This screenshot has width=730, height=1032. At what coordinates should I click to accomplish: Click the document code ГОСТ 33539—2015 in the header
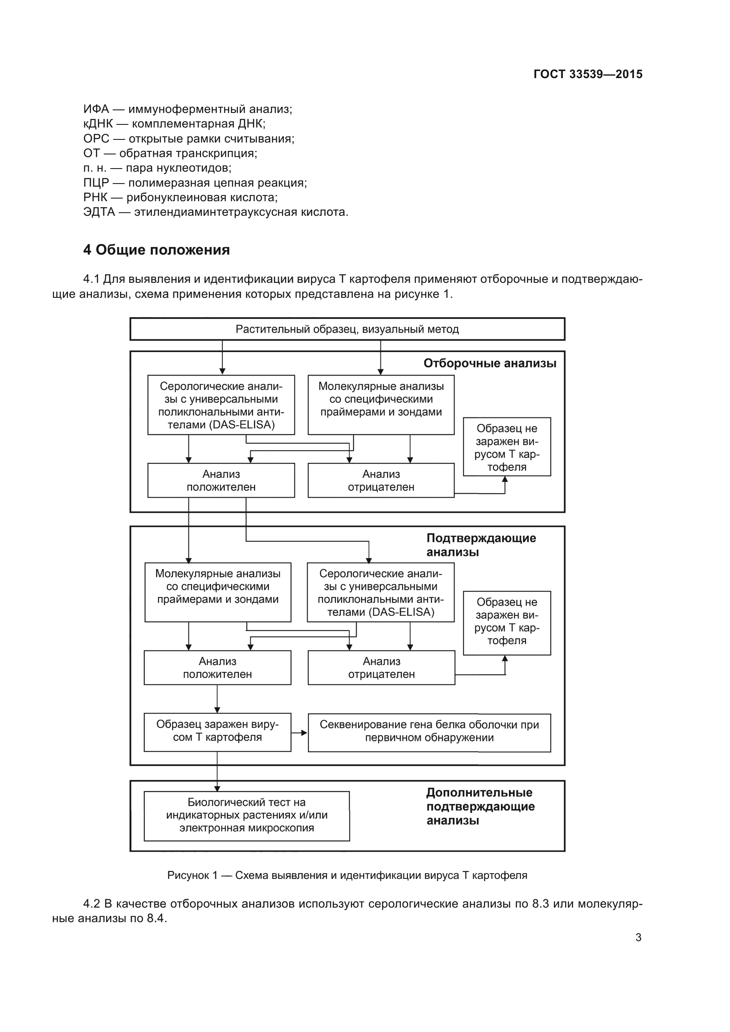point(587,74)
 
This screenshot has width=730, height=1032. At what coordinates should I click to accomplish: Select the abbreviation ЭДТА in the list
point(99,212)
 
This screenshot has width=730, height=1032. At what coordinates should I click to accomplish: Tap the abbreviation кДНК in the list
point(98,124)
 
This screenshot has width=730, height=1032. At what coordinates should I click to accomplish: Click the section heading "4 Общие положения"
point(156,250)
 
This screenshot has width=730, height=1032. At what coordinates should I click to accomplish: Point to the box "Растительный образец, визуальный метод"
point(347,330)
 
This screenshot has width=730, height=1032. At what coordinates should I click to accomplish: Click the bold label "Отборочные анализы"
point(489,363)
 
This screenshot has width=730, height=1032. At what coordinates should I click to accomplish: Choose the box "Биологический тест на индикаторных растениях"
point(246,815)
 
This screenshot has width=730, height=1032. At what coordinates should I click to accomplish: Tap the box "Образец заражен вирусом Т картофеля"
point(217,731)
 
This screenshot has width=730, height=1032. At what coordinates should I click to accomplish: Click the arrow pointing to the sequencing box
point(300,733)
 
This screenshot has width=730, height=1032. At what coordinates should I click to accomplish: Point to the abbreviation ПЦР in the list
point(96,183)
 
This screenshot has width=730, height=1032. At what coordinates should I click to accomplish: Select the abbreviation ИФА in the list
point(96,109)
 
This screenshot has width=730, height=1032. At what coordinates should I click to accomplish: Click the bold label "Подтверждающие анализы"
point(481,545)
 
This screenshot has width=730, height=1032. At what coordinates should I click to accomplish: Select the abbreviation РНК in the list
point(95,197)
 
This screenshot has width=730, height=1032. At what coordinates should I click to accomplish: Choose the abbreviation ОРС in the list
point(96,139)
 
